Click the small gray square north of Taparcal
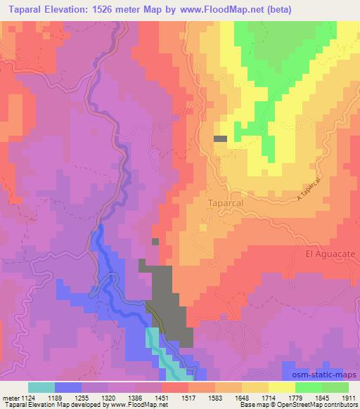pyautogui.click(x=220, y=138)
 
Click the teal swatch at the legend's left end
pyautogui.click(x=41, y=387)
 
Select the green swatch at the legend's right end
pyautogui.click(x=335, y=387)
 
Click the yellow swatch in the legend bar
pyautogui.click(x=281, y=387)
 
